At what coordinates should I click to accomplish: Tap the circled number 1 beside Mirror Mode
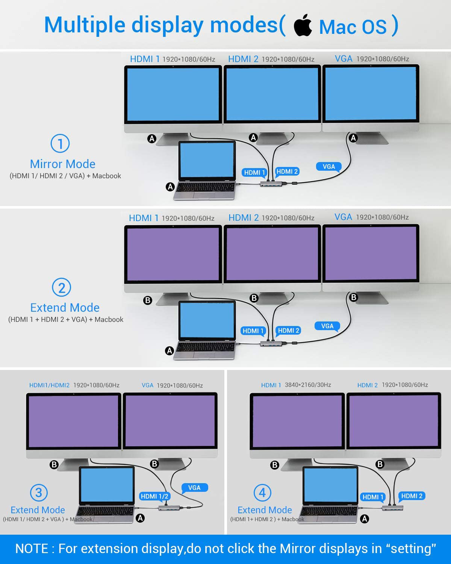click(60, 143)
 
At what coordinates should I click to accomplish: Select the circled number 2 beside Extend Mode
click(62, 288)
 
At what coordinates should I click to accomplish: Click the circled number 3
click(39, 493)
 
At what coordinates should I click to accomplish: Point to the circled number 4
click(262, 493)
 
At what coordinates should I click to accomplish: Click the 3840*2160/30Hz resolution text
click(308, 385)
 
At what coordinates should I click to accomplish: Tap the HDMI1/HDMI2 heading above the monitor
click(49, 385)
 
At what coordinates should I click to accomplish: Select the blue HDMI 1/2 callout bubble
click(154, 496)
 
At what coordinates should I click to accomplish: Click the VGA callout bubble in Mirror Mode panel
click(329, 167)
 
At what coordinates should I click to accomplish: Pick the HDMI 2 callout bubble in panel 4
click(412, 496)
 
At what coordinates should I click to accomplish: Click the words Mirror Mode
click(63, 164)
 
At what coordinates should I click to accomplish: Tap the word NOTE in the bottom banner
click(32, 549)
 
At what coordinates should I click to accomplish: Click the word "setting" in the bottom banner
click(411, 549)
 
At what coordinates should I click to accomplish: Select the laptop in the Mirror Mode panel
click(206, 171)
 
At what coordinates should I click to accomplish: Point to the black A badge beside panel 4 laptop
click(364, 519)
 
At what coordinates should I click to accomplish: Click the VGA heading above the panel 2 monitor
click(343, 217)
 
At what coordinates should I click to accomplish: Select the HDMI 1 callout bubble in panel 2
click(253, 331)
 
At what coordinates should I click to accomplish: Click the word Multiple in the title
click(85, 25)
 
